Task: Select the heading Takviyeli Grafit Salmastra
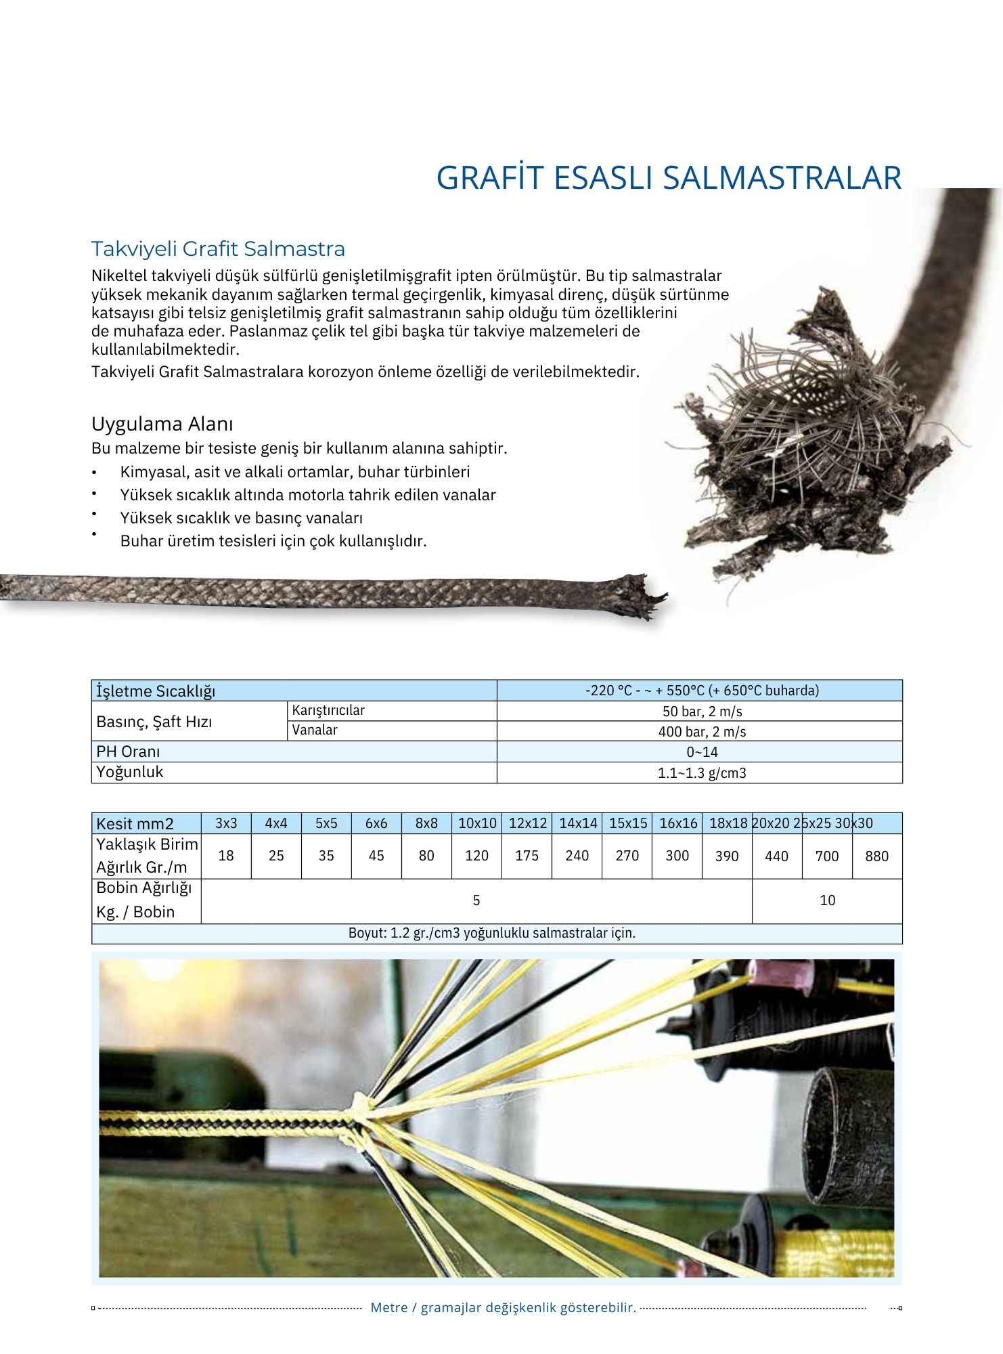218,249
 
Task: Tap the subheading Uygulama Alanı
162,424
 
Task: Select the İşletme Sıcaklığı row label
156,691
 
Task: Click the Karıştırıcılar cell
328,711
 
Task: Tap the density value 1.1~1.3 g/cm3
701,773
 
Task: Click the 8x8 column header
426,823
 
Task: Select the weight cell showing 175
527,856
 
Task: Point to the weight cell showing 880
876,856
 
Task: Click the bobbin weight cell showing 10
827,900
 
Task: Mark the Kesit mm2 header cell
135,824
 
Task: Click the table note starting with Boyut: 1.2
492,934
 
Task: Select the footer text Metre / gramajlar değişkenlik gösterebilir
503,1308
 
